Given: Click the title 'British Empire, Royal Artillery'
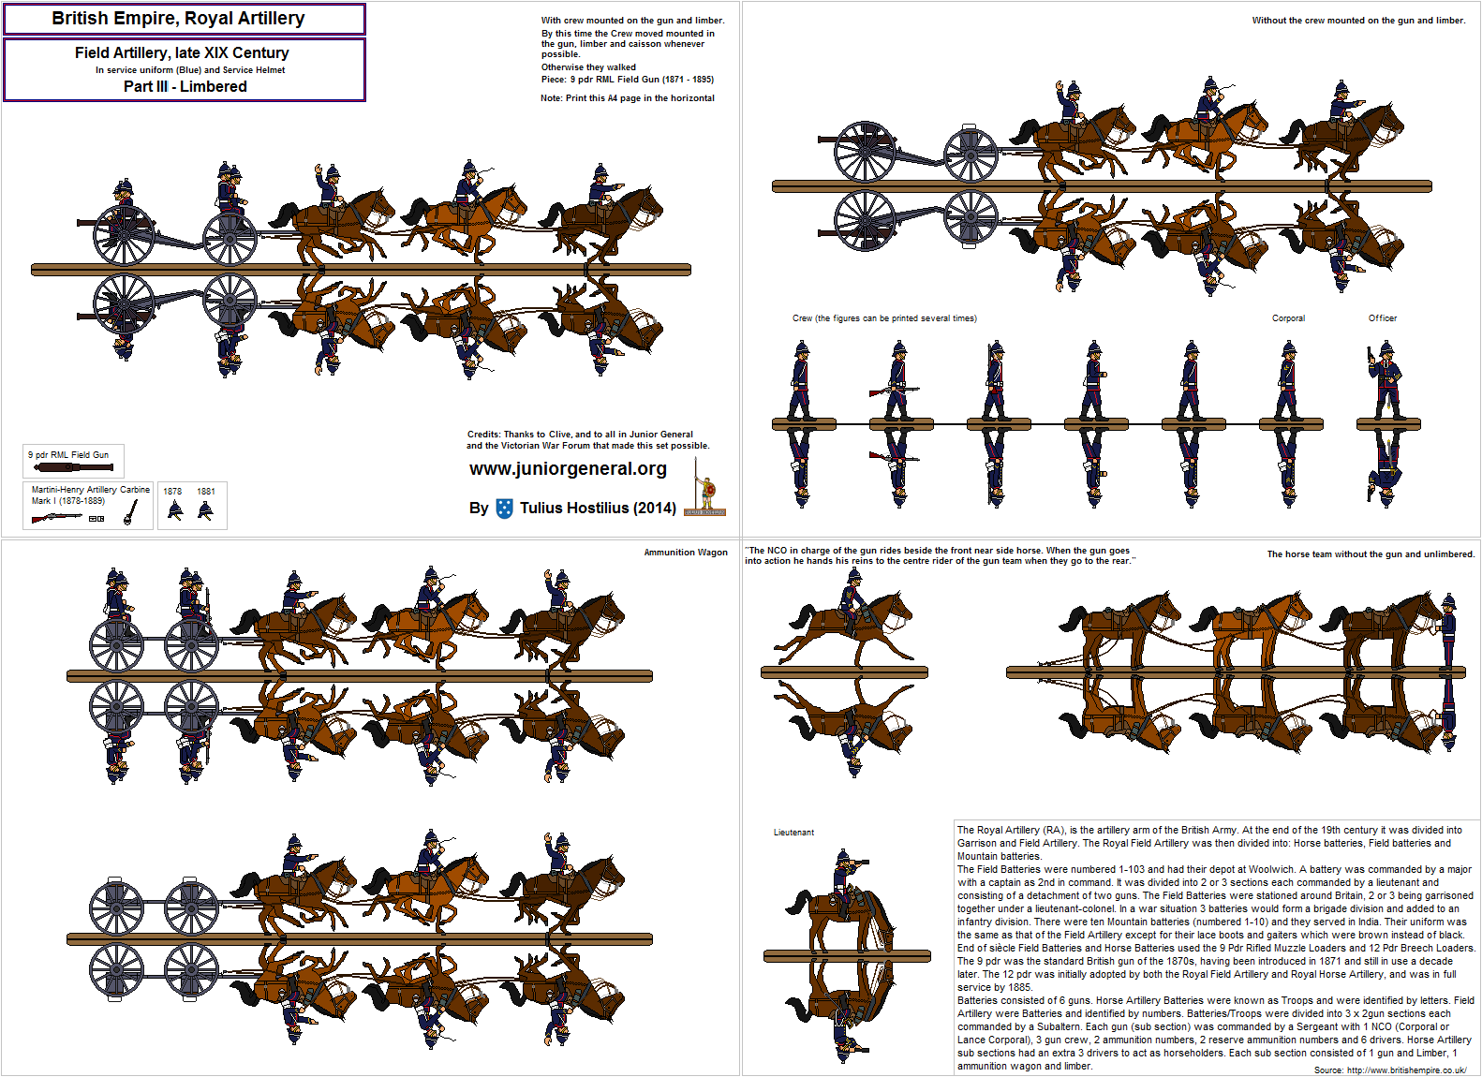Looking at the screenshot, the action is (x=179, y=19).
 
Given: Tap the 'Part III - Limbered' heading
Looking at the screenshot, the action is (x=185, y=87).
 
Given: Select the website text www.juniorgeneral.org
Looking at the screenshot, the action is (x=568, y=469).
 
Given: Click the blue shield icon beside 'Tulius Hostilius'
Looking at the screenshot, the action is (x=504, y=509).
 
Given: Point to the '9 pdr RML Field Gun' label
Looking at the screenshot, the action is (x=68, y=455).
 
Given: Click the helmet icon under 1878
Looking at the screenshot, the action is (x=174, y=510).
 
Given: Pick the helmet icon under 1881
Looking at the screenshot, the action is (x=206, y=510).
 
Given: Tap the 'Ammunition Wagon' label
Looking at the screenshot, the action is (x=686, y=553).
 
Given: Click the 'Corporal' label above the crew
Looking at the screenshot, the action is (x=1288, y=318).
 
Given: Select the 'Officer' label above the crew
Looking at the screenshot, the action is (x=1382, y=318).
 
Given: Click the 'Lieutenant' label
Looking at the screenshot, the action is (x=794, y=833).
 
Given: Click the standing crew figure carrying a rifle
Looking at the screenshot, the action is (x=896, y=380).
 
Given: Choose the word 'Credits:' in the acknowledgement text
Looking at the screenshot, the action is (x=483, y=435).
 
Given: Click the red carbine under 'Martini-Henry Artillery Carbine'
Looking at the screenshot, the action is (x=56, y=518).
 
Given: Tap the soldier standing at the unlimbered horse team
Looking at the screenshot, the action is (x=1448, y=632).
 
